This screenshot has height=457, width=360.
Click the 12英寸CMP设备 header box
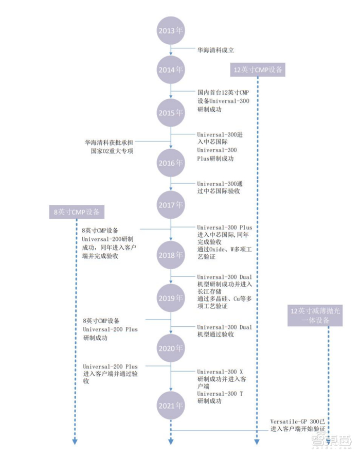coord(257,70)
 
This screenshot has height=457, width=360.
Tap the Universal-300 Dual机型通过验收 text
coord(224,330)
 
